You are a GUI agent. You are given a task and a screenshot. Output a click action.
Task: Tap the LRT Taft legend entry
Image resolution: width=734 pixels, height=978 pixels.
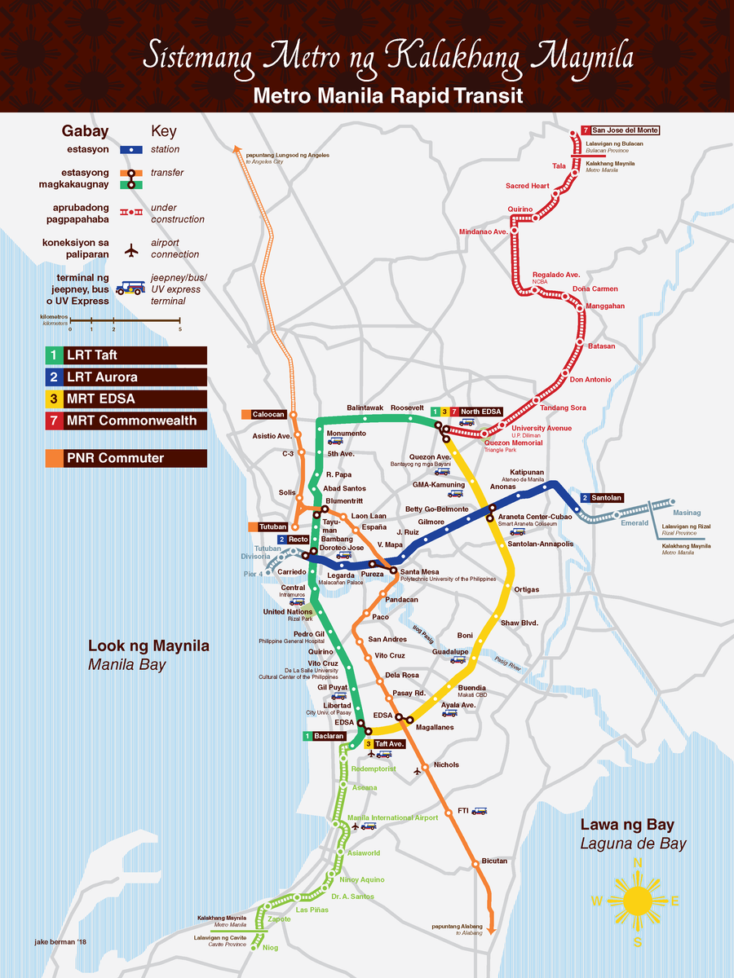click(126, 355)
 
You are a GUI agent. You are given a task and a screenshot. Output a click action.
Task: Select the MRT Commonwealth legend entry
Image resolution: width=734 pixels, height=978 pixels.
click(126, 421)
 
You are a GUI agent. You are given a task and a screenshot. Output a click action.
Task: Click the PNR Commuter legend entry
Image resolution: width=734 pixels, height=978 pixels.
click(126, 458)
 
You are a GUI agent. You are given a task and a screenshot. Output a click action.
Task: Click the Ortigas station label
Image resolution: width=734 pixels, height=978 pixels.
click(526, 589)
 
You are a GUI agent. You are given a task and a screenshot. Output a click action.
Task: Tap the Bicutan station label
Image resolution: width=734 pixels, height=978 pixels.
click(494, 861)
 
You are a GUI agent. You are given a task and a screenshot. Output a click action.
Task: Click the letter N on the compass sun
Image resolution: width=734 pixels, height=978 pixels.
click(638, 863)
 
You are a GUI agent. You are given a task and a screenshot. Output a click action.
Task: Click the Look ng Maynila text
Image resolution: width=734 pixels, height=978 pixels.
click(148, 646)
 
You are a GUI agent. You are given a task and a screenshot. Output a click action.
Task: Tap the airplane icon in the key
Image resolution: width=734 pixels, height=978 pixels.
click(131, 250)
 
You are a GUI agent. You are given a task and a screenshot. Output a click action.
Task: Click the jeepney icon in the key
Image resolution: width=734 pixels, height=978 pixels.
click(130, 288)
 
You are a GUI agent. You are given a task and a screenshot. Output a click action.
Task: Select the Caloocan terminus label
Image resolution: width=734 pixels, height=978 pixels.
click(268, 414)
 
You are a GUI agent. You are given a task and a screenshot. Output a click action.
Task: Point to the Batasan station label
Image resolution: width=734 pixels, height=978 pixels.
click(601, 346)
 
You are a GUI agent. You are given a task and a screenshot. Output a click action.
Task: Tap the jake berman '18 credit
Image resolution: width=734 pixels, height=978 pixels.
click(60, 942)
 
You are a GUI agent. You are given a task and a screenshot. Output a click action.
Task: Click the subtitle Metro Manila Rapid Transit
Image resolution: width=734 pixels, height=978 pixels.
click(387, 96)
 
